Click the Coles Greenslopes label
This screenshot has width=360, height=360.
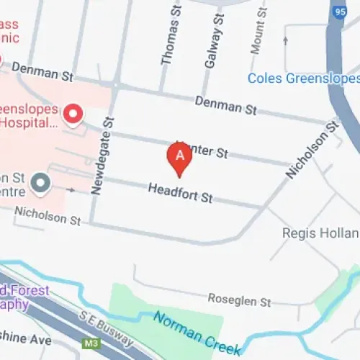303,78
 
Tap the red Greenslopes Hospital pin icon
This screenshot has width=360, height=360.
73,113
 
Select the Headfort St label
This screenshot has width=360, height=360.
180,193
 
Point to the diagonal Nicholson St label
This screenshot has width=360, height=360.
312,150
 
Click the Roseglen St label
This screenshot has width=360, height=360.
239,299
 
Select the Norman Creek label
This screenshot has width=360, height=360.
196,323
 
